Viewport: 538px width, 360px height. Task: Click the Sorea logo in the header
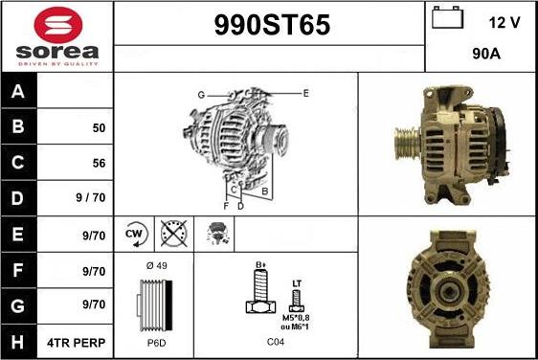tap(56, 36)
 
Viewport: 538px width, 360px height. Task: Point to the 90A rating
tap(487, 55)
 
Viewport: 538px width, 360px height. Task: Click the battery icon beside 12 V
tap(446, 18)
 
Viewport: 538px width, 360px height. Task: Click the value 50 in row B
tap(99, 127)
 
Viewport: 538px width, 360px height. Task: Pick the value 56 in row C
tap(99, 163)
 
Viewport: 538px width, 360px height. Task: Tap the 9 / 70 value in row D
tap(93, 198)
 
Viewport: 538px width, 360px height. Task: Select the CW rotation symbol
tap(135, 233)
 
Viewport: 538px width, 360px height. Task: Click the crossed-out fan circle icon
tap(171, 233)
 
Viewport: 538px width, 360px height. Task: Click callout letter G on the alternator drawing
tap(201, 95)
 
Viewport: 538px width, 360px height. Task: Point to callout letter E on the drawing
tap(305, 93)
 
